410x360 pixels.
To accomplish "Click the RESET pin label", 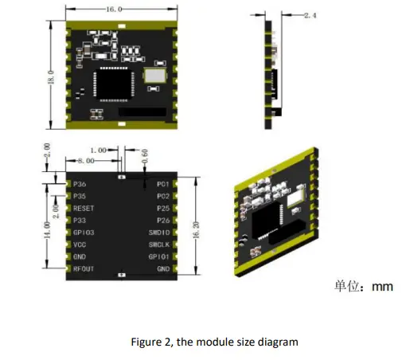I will (x=84, y=207).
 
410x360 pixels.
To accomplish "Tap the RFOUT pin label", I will (x=84, y=269).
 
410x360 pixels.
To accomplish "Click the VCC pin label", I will (x=80, y=245).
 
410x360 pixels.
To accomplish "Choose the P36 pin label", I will (x=80, y=182).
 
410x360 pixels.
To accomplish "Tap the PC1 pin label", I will (x=163, y=182).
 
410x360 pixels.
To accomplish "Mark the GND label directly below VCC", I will (x=80, y=257).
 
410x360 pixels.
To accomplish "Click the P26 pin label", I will (x=163, y=220).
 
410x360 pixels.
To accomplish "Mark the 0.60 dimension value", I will (x=145, y=157).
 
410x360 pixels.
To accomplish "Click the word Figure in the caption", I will (x=148, y=342).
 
